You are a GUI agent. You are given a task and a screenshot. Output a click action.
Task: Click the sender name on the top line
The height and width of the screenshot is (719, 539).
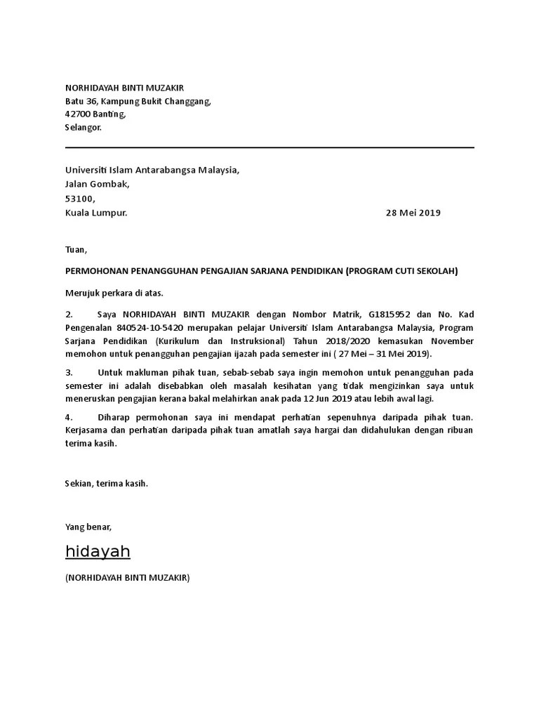(x=124, y=88)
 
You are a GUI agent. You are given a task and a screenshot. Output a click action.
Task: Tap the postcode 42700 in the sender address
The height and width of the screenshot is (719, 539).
(x=78, y=114)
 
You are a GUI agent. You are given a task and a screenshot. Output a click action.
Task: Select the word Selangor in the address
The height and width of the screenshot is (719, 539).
(x=84, y=128)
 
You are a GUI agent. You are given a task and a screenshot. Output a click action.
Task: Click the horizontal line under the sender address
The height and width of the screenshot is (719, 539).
(x=269, y=147)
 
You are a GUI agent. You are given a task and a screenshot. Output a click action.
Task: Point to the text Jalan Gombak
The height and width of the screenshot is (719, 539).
(x=98, y=184)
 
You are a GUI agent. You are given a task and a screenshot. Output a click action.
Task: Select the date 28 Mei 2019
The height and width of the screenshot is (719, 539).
(x=413, y=213)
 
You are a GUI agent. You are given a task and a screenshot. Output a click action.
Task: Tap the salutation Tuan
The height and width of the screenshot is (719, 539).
(x=76, y=249)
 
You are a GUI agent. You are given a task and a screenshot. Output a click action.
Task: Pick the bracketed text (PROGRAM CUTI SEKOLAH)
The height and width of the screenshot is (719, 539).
(x=401, y=270)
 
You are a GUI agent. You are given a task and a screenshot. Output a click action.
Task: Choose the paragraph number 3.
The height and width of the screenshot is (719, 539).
(x=69, y=373)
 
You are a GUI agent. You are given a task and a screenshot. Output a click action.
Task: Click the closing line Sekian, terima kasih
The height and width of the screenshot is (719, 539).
(x=107, y=484)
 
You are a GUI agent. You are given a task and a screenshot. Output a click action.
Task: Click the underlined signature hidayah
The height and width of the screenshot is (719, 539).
(x=98, y=552)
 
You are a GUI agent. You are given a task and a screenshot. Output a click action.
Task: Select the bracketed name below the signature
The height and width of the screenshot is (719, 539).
(x=127, y=578)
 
